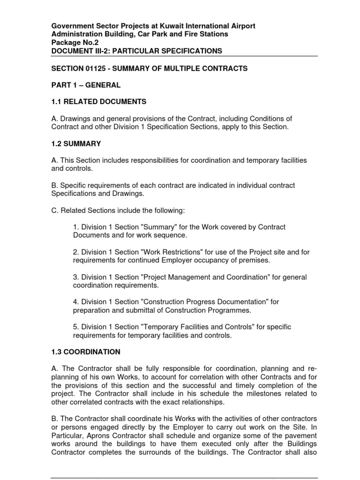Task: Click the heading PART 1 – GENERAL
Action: (x=86, y=85)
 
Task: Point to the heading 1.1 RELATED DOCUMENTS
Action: (x=98, y=102)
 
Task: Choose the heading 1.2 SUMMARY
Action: (x=76, y=144)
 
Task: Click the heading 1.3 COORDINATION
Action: (x=86, y=352)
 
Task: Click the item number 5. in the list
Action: (x=76, y=327)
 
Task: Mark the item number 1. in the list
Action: (x=76, y=227)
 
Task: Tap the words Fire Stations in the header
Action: (x=206, y=34)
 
